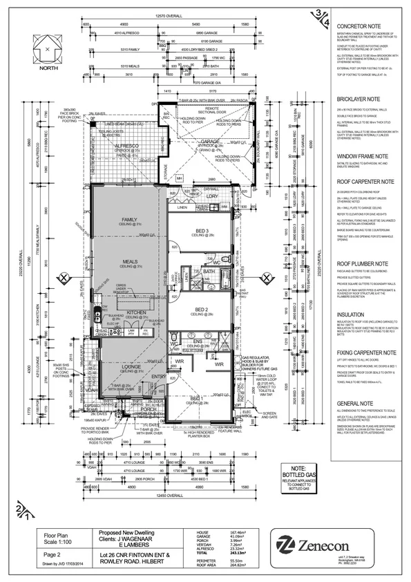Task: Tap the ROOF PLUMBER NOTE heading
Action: (363, 264)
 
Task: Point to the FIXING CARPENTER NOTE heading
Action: (366, 353)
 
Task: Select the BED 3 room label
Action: (202, 231)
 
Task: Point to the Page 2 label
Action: (53, 552)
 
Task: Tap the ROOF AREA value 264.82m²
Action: (220, 568)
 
